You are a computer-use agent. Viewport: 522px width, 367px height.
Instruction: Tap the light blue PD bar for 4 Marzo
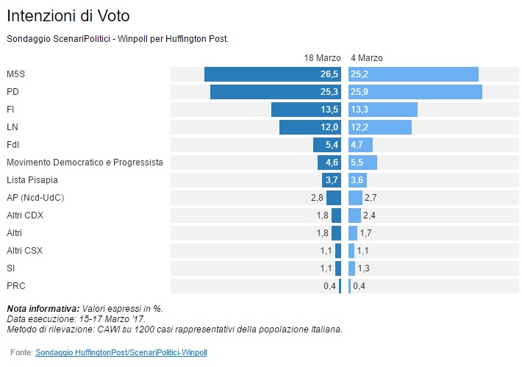tap(415, 92)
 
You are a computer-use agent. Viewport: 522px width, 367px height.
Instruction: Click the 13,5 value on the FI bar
tap(329, 110)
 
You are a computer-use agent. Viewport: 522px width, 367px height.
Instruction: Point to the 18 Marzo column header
tap(322, 57)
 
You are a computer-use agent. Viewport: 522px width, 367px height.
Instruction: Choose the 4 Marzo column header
tap(367, 57)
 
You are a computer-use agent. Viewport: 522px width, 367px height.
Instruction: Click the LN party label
tap(12, 127)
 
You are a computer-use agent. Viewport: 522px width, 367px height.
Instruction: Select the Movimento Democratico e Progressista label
tap(85, 162)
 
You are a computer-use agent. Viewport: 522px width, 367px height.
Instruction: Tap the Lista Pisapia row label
tap(32, 179)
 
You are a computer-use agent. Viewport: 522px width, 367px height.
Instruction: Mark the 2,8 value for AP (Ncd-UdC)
tap(317, 198)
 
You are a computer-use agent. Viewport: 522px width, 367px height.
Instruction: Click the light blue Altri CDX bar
tap(354, 215)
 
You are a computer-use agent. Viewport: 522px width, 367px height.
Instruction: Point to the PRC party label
tap(16, 285)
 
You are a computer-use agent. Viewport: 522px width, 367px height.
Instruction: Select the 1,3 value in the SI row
tap(363, 268)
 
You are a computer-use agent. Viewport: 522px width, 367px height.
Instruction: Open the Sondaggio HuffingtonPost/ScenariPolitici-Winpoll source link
tap(121, 353)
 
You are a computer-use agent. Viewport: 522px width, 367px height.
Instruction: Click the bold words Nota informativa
tap(42, 308)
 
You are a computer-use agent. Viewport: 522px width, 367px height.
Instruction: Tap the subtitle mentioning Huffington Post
tap(118, 38)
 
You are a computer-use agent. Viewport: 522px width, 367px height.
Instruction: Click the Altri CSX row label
tap(24, 250)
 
